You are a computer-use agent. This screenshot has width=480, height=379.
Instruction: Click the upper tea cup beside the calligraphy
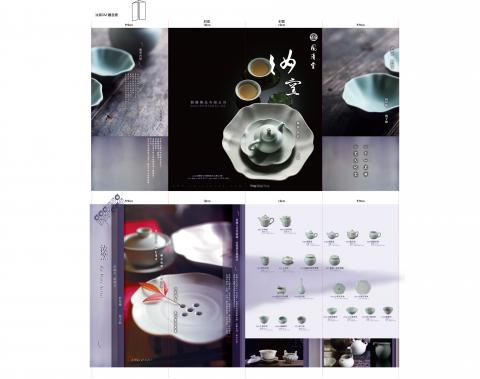click(258, 68)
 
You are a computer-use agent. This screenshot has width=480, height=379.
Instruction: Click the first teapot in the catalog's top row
click(264, 222)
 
